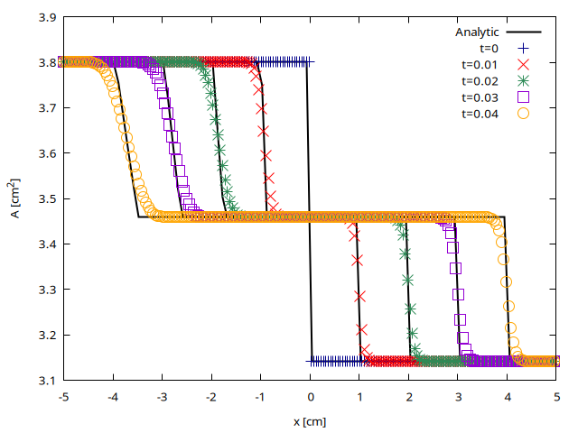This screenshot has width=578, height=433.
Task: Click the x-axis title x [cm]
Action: click(310, 420)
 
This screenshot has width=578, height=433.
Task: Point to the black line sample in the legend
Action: click(522, 32)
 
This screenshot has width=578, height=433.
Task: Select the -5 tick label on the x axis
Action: click(62, 397)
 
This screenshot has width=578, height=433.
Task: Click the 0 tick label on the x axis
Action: click(310, 397)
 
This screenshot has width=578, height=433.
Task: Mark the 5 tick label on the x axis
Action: click(556, 397)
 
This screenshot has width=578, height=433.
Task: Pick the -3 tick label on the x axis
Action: click(161, 397)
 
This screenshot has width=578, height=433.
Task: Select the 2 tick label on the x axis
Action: click(408, 397)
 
